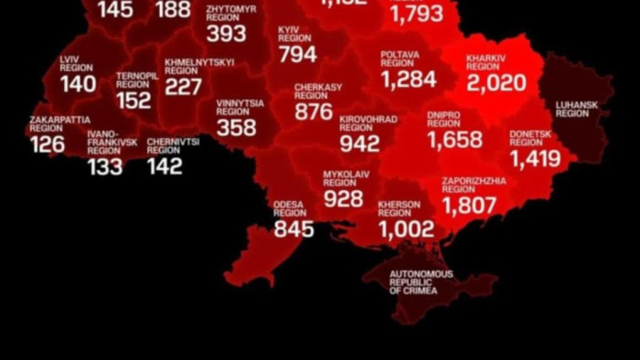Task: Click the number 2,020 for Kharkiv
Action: point(496,83)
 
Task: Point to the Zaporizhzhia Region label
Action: point(474,185)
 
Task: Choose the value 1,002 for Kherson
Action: point(407,229)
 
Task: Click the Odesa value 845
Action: point(293,228)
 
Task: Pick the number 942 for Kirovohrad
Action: point(358,143)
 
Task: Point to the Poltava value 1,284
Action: point(409,79)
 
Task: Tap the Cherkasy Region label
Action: point(318,91)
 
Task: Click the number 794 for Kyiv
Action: point(297,54)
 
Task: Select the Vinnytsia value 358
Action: point(236,128)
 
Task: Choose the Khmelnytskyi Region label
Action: point(198,67)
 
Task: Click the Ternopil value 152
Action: point(134,101)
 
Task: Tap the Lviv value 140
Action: point(79,84)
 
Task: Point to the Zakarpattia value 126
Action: point(47,145)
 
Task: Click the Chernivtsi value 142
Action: point(165,166)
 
